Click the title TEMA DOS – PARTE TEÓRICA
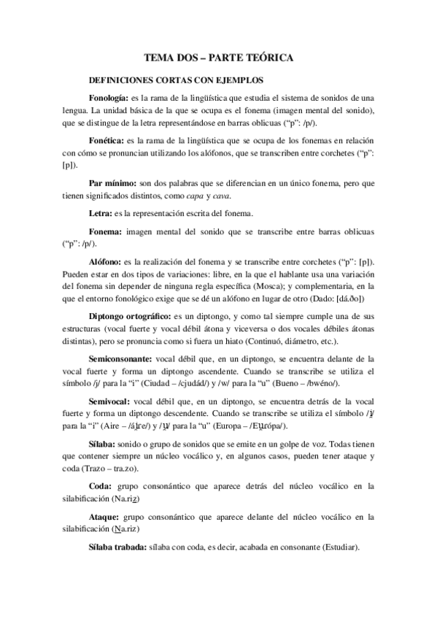point(218,57)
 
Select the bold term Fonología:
point(107,97)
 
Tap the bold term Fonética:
point(105,138)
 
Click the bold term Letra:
point(99,212)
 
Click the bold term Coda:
point(101,484)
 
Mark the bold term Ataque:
point(104,517)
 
